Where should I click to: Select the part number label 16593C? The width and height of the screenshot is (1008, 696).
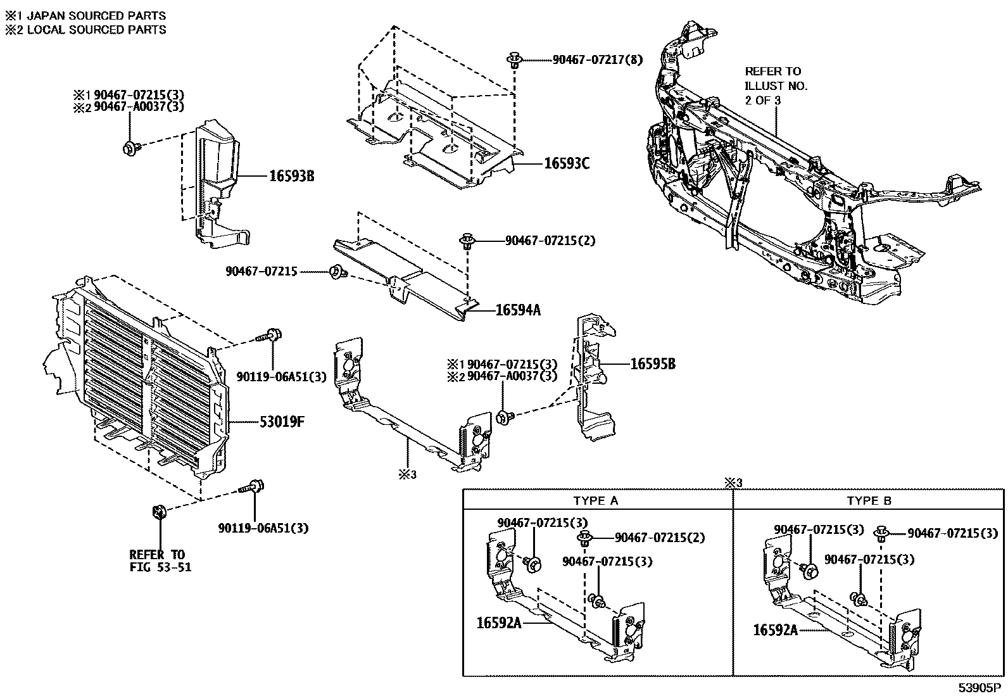coord(567,163)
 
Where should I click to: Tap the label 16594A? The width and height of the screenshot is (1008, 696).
coord(517,310)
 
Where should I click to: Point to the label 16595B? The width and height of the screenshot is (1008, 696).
coord(652,364)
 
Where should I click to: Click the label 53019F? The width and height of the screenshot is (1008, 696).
coord(282,421)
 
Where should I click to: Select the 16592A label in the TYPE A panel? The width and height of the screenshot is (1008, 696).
coord(499,623)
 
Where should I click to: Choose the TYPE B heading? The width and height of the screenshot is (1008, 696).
coord(869,500)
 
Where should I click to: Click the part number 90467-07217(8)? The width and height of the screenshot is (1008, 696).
coord(597,60)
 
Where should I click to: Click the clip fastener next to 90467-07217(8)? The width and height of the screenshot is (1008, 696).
coord(514,61)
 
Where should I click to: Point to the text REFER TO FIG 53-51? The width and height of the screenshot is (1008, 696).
coord(160,560)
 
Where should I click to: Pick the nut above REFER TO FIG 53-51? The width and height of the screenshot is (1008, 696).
coord(160,511)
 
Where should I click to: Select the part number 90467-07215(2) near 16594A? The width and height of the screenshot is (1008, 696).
coord(550,241)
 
